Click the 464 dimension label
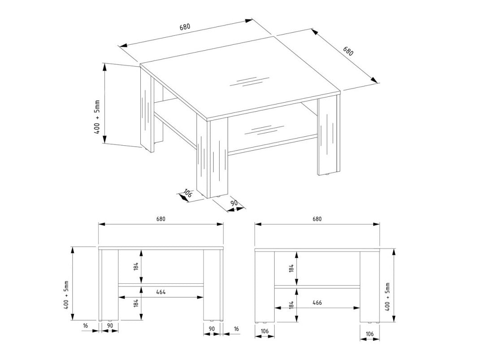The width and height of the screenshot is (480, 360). (161, 292)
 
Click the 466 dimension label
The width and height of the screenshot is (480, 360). (317, 303)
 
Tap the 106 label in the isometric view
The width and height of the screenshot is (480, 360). (187, 194)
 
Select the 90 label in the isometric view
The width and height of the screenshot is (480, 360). (234, 203)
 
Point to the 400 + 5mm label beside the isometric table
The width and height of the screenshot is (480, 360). (97, 117)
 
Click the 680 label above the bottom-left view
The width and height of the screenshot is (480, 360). (161, 219)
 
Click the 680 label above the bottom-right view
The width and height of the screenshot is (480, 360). (317, 219)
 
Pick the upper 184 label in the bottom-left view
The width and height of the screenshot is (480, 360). (136, 266)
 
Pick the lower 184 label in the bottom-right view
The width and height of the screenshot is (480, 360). (291, 304)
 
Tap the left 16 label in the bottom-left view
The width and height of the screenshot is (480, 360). (86, 325)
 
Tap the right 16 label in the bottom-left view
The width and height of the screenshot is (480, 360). (236, 329)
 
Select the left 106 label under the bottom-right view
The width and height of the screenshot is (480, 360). (264, 331)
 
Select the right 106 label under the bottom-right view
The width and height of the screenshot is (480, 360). (369, 334)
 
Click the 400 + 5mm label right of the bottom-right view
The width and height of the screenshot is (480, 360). (388, 297)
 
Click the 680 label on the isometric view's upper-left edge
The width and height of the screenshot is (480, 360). (185, 26)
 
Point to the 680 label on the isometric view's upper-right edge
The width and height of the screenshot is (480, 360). (348, 51)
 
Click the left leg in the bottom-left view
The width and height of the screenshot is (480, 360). (108, 285)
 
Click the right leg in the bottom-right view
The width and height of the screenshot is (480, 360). (370, 287)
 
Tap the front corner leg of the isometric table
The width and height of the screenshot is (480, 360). (212, 156)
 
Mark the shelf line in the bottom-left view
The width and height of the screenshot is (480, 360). (161, 285)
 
